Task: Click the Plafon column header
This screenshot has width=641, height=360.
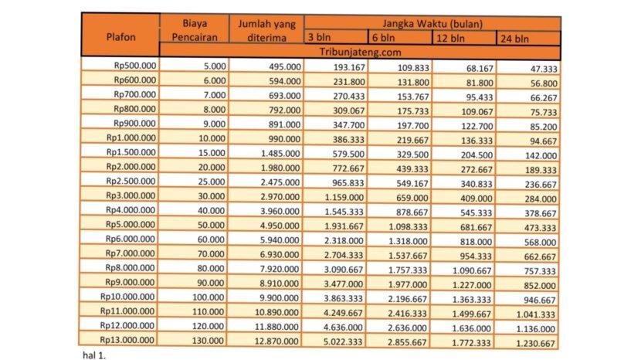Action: [119, 36]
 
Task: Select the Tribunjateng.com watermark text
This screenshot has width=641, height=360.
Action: [361, 52]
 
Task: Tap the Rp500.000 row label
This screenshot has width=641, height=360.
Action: [134, 66]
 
